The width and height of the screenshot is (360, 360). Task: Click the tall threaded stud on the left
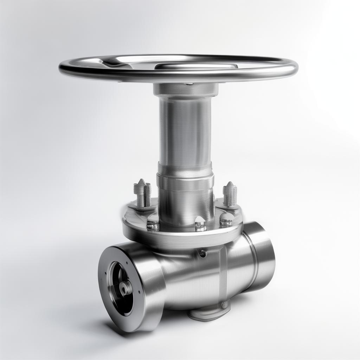142,193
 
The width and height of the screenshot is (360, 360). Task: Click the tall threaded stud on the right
230,194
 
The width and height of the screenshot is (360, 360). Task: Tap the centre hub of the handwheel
195,66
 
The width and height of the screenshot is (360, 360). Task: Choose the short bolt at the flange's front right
225,219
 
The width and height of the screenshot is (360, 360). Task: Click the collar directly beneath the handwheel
185,89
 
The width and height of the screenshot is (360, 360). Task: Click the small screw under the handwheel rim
190,84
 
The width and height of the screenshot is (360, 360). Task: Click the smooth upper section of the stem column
185,130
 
